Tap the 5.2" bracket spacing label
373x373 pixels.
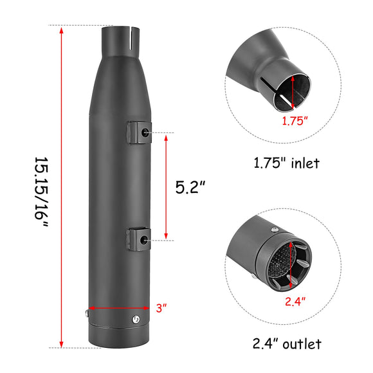pyautogui.click(x=190, y=187)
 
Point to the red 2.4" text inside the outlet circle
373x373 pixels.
pyautogui.click(x=295, y=299)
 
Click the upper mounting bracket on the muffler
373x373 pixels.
pyautogui.click(x=139, y=131)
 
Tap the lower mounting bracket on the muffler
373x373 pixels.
pyautogui.click(x=139, y=239)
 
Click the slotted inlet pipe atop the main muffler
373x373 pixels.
pyautogui.click(x=118, y=40)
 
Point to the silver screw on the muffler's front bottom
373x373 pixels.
pyautogui.click(x=135, y=319)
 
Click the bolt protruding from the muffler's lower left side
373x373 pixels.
pyautogui.click(x=86, y=314)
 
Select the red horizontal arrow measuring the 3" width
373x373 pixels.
pyautogui.click(x=119, y=308)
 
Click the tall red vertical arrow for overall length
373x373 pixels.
pyautogui.click(x=61, y=187)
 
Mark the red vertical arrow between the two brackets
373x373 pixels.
pyautogui.click(x=166, y=186)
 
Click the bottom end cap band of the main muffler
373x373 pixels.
pyautogui.click(x=118, y=336)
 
